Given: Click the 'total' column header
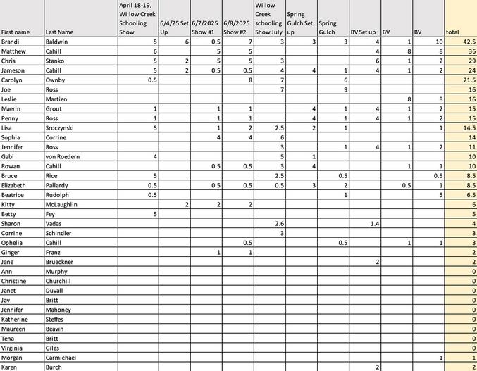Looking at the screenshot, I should pyautogui.click(x=452, y=32).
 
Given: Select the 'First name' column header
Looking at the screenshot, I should pyautogui.click(x=16, y=32).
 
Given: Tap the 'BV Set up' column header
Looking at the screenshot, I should pyautogui.click(x=364, y=32).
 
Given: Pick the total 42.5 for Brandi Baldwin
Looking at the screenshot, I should pyautogui.click(x=466, y=42).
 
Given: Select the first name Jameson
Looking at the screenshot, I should pyautogui.click(x=15, y=70).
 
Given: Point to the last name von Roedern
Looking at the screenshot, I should pyautogui.click(x=64, y=156).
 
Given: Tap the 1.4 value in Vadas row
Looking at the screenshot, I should pyautogui.click(x=373, y=223).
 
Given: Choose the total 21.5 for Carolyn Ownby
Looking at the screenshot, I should pyautogui.click(x=466, y=80).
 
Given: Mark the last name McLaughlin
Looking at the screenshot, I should pyautogui.click(x=66, y=204).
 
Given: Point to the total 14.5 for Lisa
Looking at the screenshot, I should pyautogui.click(x=466, y=127).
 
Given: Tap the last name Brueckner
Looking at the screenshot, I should pyautogui.click(x=64, y=262).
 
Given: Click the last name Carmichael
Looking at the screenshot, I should pyautogui.click(x=66, y=358).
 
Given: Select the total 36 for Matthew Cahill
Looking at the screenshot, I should pyautogui.click(x=468, y=51).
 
